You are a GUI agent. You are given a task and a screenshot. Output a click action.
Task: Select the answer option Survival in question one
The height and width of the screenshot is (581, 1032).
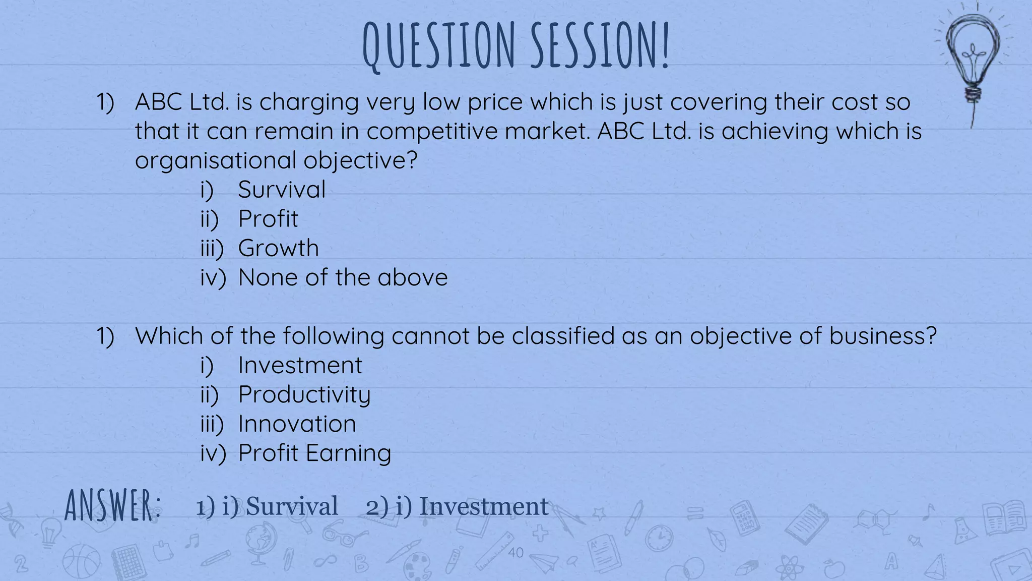(x=282, y=190)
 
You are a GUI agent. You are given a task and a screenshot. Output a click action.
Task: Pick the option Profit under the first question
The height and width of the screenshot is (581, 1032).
(x=268, y=219)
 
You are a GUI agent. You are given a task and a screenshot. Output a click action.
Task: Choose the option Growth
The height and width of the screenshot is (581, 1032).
(x=278, y=249)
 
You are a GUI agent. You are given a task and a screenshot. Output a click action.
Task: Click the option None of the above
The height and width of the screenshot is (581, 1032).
(x=343, y=278)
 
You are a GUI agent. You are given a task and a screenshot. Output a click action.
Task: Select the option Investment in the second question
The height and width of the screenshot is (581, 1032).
(x=300, y=366)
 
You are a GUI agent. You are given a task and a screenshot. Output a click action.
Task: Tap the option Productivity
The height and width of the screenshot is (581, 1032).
(x=304, y=395)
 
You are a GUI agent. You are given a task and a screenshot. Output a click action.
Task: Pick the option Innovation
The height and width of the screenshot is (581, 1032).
(x=297, y=424)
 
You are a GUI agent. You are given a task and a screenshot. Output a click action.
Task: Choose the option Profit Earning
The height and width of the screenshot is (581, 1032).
(x=314, y=453)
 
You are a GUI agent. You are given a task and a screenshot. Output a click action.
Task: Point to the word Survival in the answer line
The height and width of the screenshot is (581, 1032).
(x=292, y=506)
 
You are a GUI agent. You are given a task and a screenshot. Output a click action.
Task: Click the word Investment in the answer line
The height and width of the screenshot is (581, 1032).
(x=484, y=506)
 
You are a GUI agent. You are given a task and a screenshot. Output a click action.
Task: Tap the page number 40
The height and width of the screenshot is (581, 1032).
(x=515, y=553)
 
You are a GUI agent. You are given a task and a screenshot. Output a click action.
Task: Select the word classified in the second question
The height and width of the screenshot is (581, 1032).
(x=563, y=336)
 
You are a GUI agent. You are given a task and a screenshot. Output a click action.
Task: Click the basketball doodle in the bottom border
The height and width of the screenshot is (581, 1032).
(x=81, y=561)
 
